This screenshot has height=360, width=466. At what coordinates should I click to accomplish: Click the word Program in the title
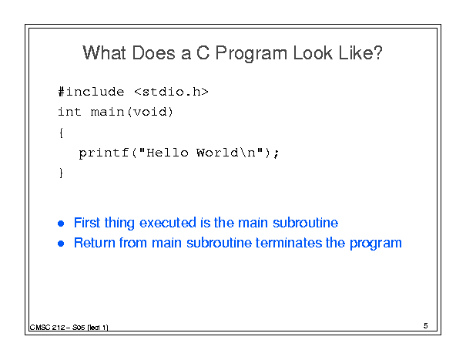[251, 54]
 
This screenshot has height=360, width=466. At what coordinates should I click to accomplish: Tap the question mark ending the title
[377, 52]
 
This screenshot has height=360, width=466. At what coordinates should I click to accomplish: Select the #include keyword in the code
[91, 92]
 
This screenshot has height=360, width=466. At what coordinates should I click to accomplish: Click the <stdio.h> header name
[171, 92]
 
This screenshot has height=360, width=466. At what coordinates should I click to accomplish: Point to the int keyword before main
[69, 112]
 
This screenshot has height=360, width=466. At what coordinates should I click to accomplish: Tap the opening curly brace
[61, 133]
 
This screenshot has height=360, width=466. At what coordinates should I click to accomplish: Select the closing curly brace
[61, 173]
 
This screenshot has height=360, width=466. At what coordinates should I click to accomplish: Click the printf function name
[104, 153]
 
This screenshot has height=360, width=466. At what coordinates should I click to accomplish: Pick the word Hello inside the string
[167, 153]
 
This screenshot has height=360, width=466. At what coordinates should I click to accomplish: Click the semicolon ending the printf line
[277, 153]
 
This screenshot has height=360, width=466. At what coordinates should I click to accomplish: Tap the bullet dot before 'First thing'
[61, 224]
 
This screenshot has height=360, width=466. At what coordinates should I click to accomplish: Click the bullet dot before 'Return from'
[61, 244]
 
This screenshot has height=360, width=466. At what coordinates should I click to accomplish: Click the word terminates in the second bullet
[289, 243]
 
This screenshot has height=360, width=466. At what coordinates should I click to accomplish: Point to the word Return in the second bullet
[95, 243]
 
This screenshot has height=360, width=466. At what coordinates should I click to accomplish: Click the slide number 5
[426, 326]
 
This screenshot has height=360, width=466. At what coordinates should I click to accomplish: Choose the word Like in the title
[354, 52]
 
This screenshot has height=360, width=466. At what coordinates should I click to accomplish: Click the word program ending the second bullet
[376, 244]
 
